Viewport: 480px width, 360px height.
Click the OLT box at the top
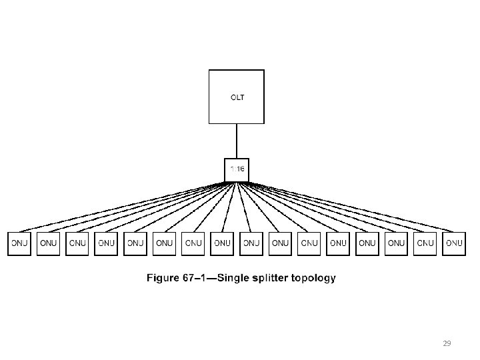coord(237,97)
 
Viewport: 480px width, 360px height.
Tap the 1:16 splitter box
coord(237,169)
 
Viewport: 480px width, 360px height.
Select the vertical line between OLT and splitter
coord(237,141)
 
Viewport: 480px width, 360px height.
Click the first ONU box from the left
coord(19,243)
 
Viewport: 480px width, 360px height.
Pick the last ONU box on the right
coord(454,243)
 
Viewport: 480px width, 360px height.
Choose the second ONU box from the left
coord(49,243)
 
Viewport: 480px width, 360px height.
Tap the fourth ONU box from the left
coord(107,243)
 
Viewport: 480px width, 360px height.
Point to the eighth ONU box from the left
coord(223,243)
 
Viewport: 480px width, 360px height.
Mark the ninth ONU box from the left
coord(251,243)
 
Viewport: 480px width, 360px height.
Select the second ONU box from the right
coord(425,243)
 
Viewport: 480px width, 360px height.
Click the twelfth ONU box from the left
coord(339,243)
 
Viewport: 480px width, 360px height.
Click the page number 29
coord(447,343)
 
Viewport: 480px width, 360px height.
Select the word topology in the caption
coord(314,278)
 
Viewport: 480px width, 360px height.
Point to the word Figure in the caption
coord(163,278)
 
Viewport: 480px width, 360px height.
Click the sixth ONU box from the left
coord(165,243)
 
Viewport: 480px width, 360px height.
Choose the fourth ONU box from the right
coord(367,243)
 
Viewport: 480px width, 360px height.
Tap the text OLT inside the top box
coord(237,97)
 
